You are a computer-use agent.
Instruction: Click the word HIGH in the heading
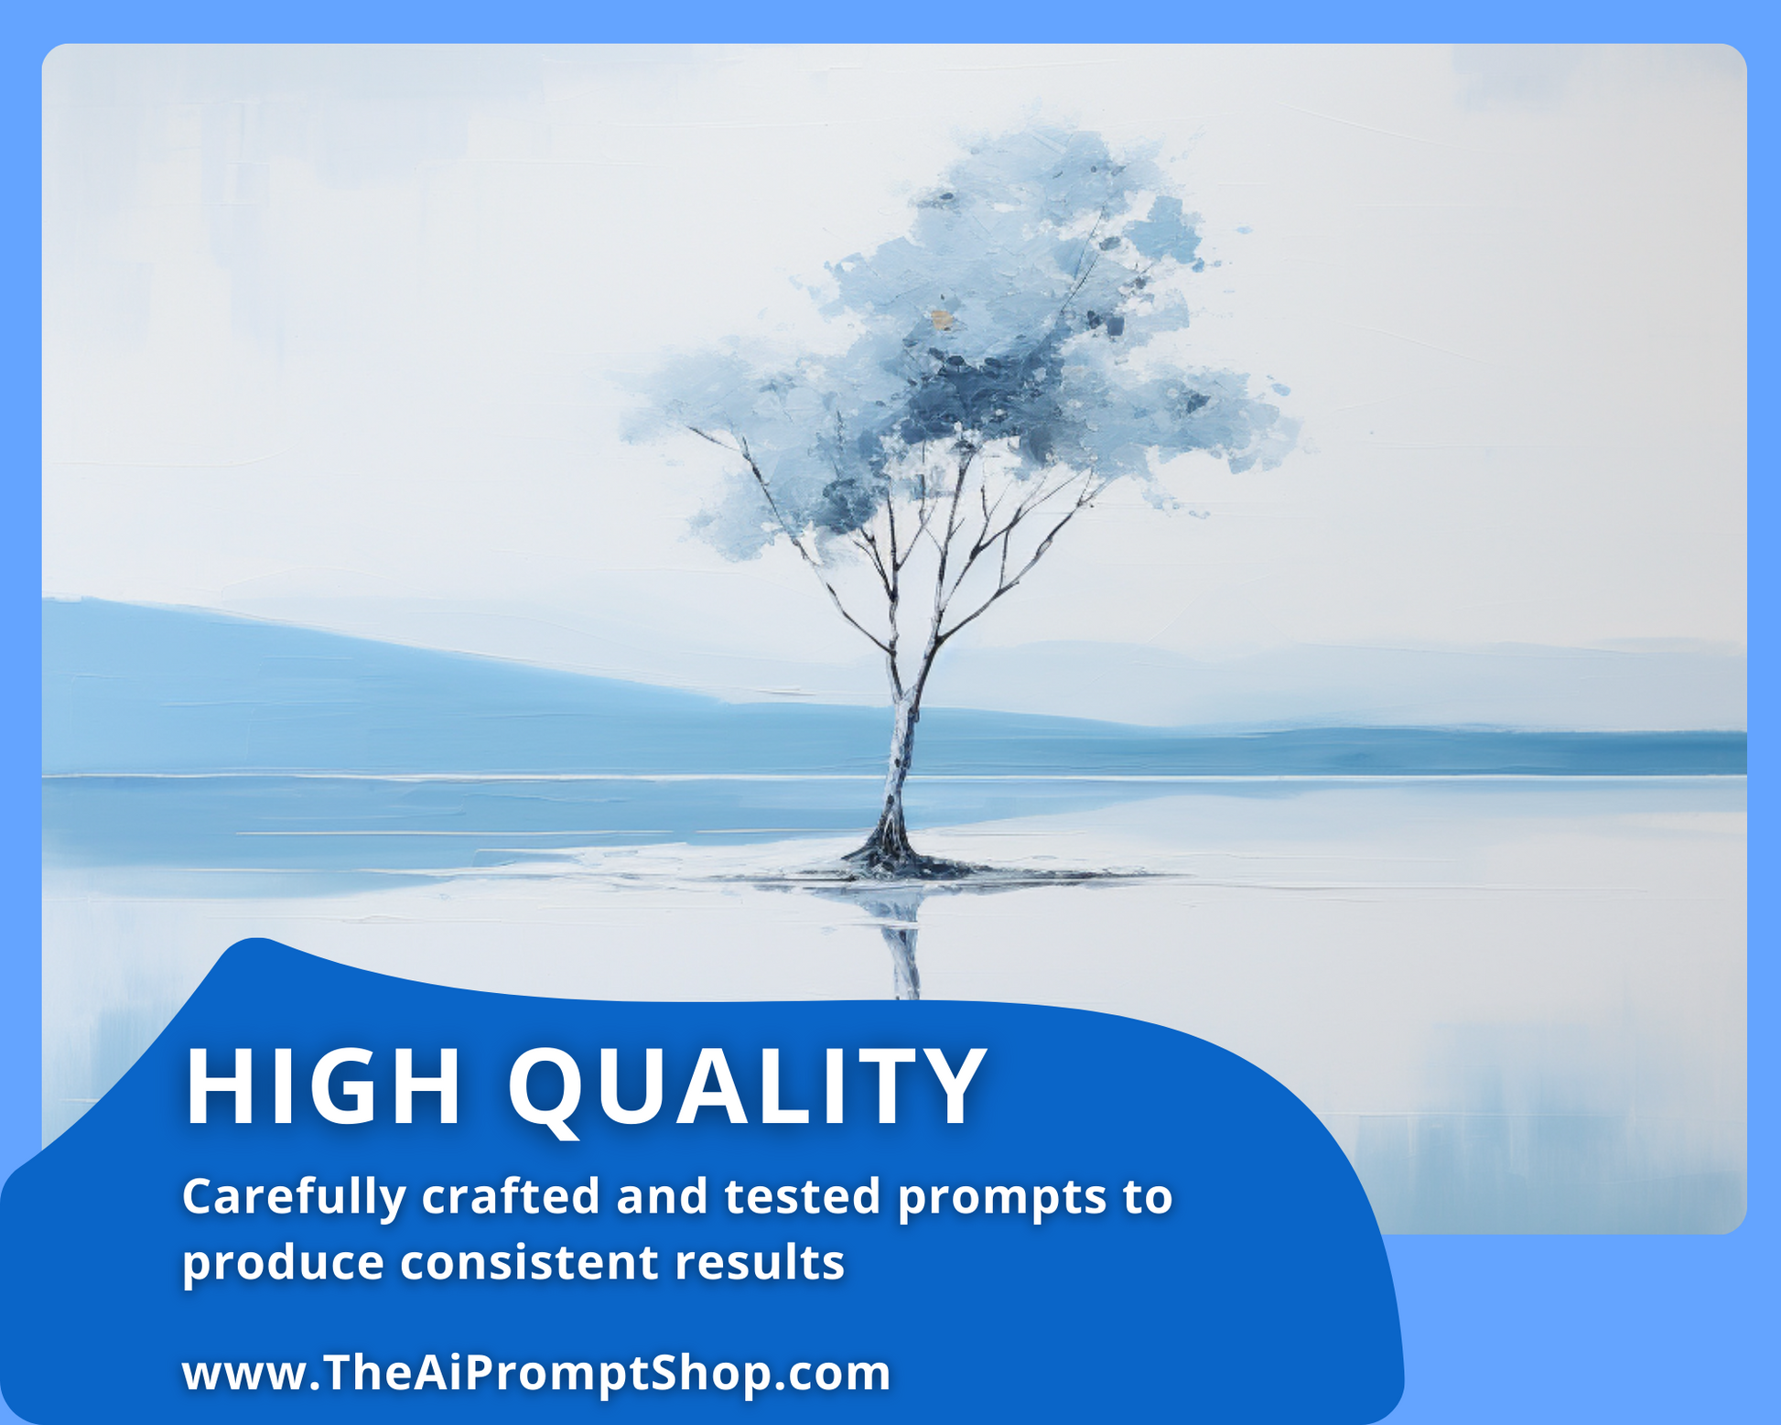pyautogui.click(x=323, y=1086)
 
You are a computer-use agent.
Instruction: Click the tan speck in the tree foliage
pyautogui.click(x=942, y=319)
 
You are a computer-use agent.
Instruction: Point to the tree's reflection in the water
pyautogui.click(x=901, y=943)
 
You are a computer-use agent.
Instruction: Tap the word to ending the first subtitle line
pyautogui.click(x=1148, y=1197)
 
